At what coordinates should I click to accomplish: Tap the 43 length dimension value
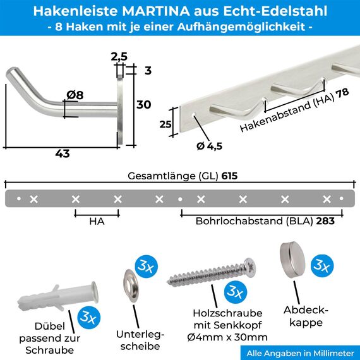[62, 153]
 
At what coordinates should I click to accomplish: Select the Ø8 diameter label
[75, 95]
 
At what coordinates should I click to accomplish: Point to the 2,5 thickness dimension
[119, 57]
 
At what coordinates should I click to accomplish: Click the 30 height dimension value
[144, 105]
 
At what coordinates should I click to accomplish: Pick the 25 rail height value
[165, 124]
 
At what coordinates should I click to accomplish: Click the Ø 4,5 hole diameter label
[209, 146]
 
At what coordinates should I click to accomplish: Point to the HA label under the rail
[96, 222]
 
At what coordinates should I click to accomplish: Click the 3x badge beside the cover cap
[323, 266]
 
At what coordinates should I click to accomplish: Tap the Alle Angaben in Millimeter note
[299, 352]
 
